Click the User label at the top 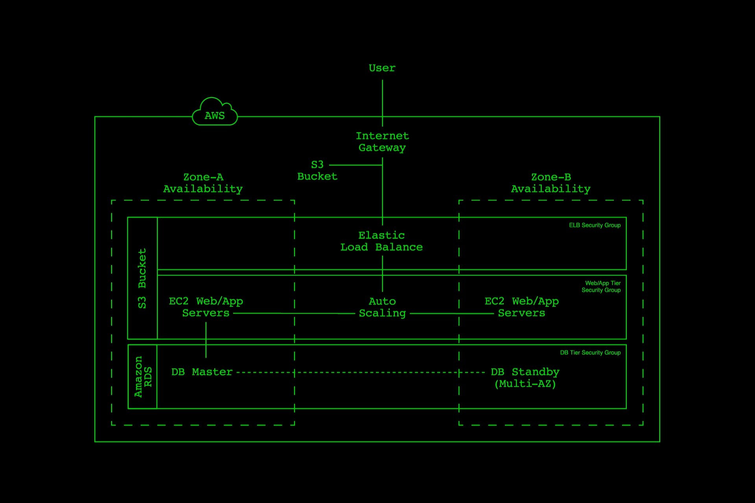[x=382, y=68]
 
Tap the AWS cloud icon [x=215, y=113]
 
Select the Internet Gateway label [x=382, y=142]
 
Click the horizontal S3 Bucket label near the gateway [x=317, y=171]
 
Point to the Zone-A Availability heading [x=203, y=183]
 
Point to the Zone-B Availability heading [x=551, y=183]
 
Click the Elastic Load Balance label [x=381, y=241]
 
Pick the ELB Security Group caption [x=595, y=225]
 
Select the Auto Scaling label [x=382, y=307]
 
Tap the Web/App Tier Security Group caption [x=602, y=286]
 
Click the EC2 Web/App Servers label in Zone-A [x=206, y=307]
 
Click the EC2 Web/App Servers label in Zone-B [x=521, y=307]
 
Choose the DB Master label [x=202, y=372]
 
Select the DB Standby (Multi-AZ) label [x=525, y=378]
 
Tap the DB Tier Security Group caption [x=590, y=353]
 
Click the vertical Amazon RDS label [x=142, y=377]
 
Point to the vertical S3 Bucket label [x=142, y=278]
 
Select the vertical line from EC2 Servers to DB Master [x=206, y=340]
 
